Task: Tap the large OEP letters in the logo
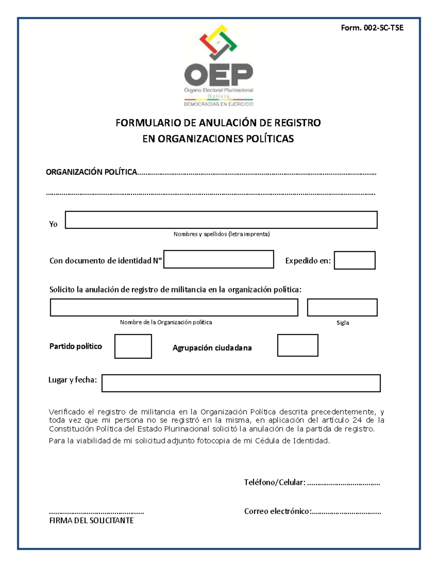tap(218, 74)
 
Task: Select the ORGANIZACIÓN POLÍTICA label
tap(91, 172)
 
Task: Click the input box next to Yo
tap(221, 220)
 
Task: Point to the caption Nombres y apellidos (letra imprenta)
tap(222, 234)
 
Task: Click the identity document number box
tap(218, 259)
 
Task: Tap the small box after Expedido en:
tap(354, 260)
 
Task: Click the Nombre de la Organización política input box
tap(174, 307)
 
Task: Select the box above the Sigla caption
tap(342, 307)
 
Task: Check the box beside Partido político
tap(133, 346)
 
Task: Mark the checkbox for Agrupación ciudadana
tap(297, 345)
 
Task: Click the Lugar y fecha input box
tap(241, 383)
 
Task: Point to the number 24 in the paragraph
tap(357, 420)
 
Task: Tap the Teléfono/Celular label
tap(274, 482)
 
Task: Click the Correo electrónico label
tap(277, 511)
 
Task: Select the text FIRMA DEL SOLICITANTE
tap(91, 520)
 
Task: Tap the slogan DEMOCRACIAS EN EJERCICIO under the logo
tap(218, 104)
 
